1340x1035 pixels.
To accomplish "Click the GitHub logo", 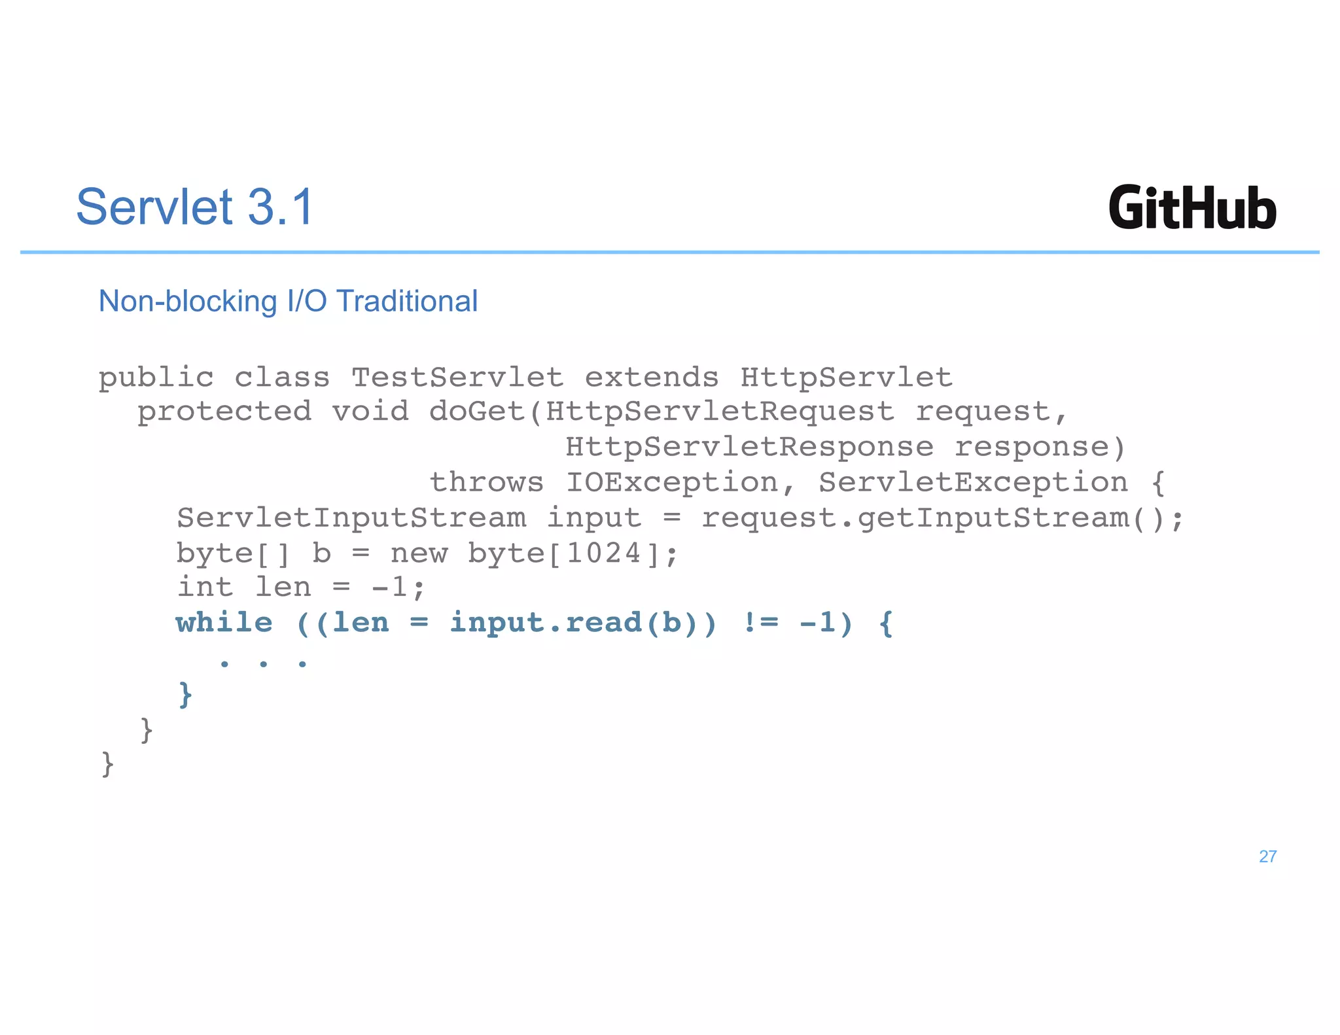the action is (1192, 208).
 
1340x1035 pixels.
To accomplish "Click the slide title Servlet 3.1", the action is (195, 207).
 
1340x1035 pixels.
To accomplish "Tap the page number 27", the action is (1267, 856).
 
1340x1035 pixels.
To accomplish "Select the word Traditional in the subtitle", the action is (406, 302).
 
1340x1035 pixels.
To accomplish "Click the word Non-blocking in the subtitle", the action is (188, 302).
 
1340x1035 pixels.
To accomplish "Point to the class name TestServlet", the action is (457, 377).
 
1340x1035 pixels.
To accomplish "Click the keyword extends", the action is (651, 377).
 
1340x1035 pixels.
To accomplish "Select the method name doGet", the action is (477, 412).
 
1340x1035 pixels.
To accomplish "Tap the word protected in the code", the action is (224, 412).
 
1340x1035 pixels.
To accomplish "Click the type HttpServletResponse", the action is (749, 447).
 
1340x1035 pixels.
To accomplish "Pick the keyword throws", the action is (486, 483).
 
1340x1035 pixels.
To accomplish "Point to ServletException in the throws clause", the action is (973, 483).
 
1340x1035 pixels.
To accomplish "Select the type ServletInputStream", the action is (351, 518).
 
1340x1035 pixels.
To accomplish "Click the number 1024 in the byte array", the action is (603, 553).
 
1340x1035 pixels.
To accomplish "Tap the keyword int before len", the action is (205, 588).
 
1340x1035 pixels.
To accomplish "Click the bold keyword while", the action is (224, 623).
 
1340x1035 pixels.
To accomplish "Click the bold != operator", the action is (761, 623).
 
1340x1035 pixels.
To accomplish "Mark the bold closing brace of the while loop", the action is (185, 693).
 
